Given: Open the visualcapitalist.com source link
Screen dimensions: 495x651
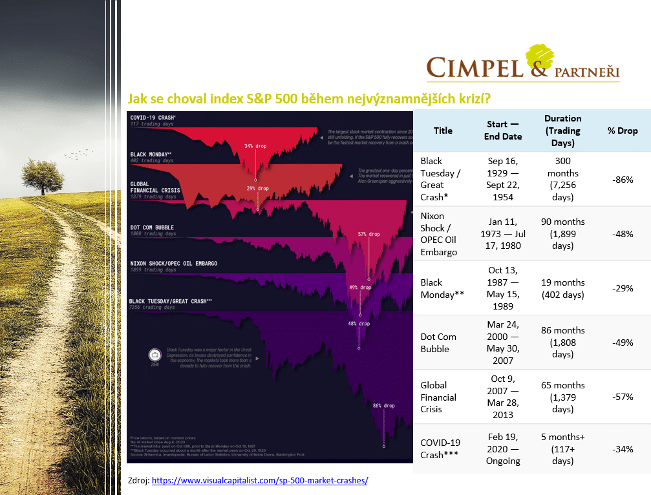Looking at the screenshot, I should tap(260, 481).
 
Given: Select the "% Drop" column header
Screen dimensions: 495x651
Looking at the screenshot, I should tap(622, 131).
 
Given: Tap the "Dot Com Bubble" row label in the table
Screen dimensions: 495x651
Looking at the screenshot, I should tap(438, 342).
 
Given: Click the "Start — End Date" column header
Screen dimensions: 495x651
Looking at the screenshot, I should tap(503, 131).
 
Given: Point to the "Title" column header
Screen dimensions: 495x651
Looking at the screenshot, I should tap(443, 131).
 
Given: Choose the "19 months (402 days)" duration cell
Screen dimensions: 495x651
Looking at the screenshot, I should tap(562, 288).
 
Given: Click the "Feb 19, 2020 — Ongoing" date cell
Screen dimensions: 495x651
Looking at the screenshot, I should tap(503, 449).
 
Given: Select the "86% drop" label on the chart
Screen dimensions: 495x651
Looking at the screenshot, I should tap(383, 406).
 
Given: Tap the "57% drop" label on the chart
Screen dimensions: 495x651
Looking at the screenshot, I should tap(369, 234).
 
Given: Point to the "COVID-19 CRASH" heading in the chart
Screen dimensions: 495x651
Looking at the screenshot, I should tap(153, 117).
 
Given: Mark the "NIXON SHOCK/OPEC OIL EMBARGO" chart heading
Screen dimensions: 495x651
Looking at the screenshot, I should tap(173, 264).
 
